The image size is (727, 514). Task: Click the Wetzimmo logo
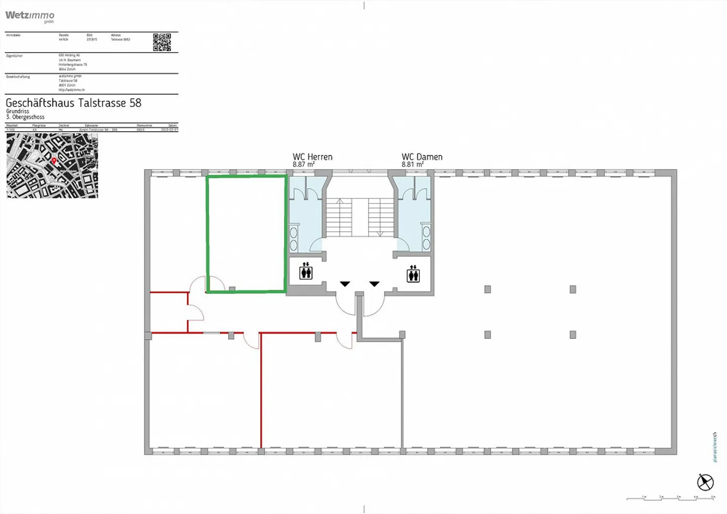point(30,16)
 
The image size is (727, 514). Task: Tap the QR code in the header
point(162,42)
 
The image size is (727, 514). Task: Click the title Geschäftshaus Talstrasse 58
point(73,103)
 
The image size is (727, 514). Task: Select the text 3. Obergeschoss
point(25,117)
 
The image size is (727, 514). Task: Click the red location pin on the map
point(54,161)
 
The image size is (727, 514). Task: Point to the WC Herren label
point(313,157)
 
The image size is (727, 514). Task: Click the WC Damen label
point(422,157)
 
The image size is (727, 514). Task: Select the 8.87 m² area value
point(303,165)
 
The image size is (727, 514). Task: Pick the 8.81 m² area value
point(412,165)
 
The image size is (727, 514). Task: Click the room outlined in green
point(246,233)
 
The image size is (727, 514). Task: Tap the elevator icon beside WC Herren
point(306,272)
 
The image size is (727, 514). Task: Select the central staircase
point(359,217)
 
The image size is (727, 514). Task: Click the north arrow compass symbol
point(705,482)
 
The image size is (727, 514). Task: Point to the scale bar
point(671,498)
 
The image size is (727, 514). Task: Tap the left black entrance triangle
point(345,284)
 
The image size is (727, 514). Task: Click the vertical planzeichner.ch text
point(714,447)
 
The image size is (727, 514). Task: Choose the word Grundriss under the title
point(18,111)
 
